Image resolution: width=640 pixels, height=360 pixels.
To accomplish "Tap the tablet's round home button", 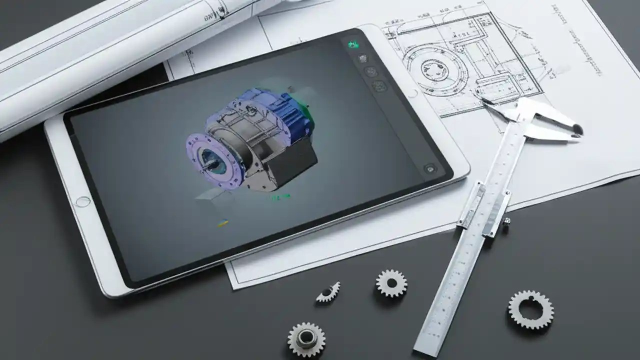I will pyautogui.click(x=82, y=201).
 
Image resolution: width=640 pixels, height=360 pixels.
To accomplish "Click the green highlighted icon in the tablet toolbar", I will pyautogui.click(x=353, y=45).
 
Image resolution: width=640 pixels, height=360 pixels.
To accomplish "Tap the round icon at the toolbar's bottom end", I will pyautogui.click(x=429, y=168).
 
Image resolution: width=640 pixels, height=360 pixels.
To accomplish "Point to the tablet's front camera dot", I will pyautogui.click(x=413, y=93).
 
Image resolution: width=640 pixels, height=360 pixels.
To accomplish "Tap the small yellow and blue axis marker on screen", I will pyautogui.click(x=223, y=222).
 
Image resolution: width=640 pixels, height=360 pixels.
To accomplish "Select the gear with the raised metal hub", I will pyautogui.click(x=306, y=339).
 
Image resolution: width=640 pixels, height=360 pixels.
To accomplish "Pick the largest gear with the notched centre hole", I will pyautogui.click(x=530, y=309).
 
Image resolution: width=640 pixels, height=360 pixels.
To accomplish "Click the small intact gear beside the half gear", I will pyautogui.click(x=391, y=283).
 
